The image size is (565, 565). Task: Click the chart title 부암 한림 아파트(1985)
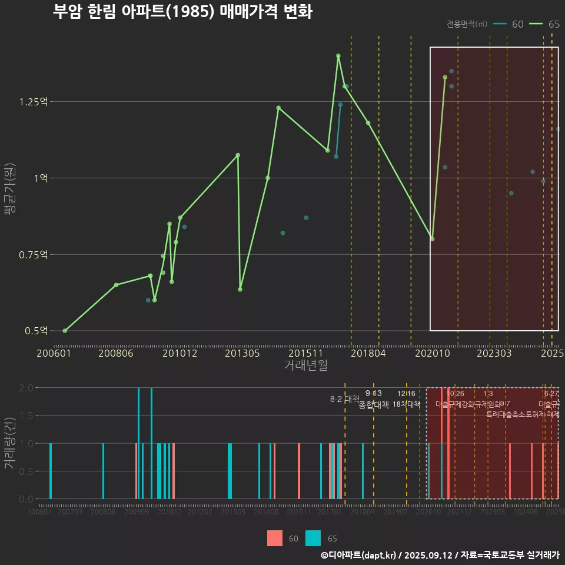click(182, 12)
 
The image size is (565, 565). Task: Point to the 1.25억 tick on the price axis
click(33, 102)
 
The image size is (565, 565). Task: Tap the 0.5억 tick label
click(35, 331)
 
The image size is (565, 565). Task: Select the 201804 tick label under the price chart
click(368, 353)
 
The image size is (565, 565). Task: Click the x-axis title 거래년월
click(306, 365)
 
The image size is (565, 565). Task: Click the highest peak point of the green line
click(338, 56)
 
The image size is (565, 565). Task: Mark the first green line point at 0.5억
click(65, 331)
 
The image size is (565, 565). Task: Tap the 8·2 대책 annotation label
click(344, 399)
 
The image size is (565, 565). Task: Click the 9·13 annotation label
click(374, 393)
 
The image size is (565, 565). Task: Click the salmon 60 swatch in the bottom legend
click(275, 539)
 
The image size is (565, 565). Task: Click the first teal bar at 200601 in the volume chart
click(51, 471)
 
